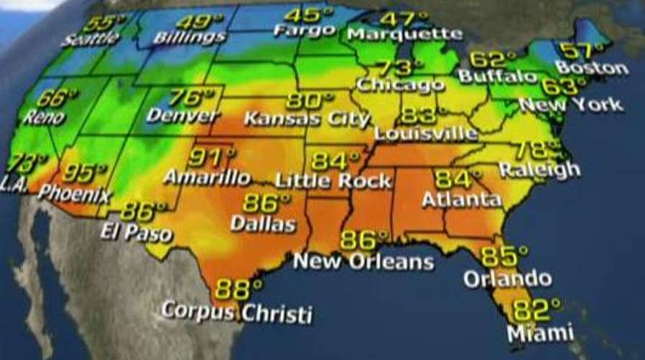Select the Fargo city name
305,31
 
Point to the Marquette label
404,34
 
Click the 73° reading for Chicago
394,68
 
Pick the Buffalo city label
497,76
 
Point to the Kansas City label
307,119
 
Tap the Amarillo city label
207,176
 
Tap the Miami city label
540,333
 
